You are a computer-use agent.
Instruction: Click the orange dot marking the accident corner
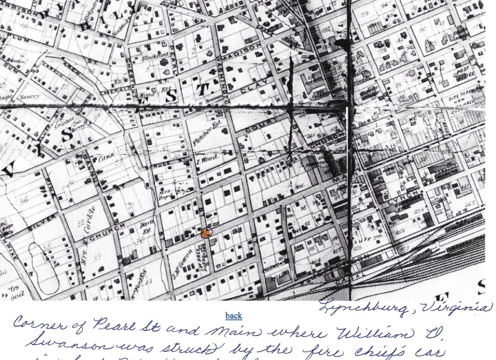[207, 232]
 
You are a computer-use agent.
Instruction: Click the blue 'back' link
[234, 316]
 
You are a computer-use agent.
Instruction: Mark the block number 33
[96, 257]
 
